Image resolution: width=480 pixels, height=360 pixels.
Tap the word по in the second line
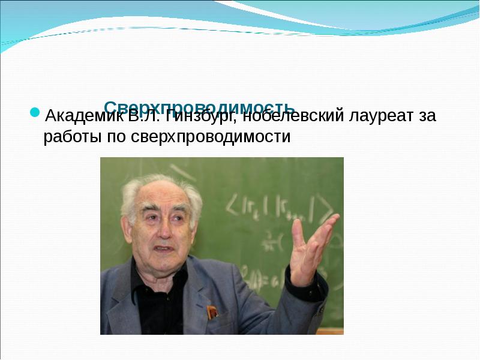pyautogui.click(x=114, y=137)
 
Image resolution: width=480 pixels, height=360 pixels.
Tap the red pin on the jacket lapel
pyautogui.click(x=211, y=311)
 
